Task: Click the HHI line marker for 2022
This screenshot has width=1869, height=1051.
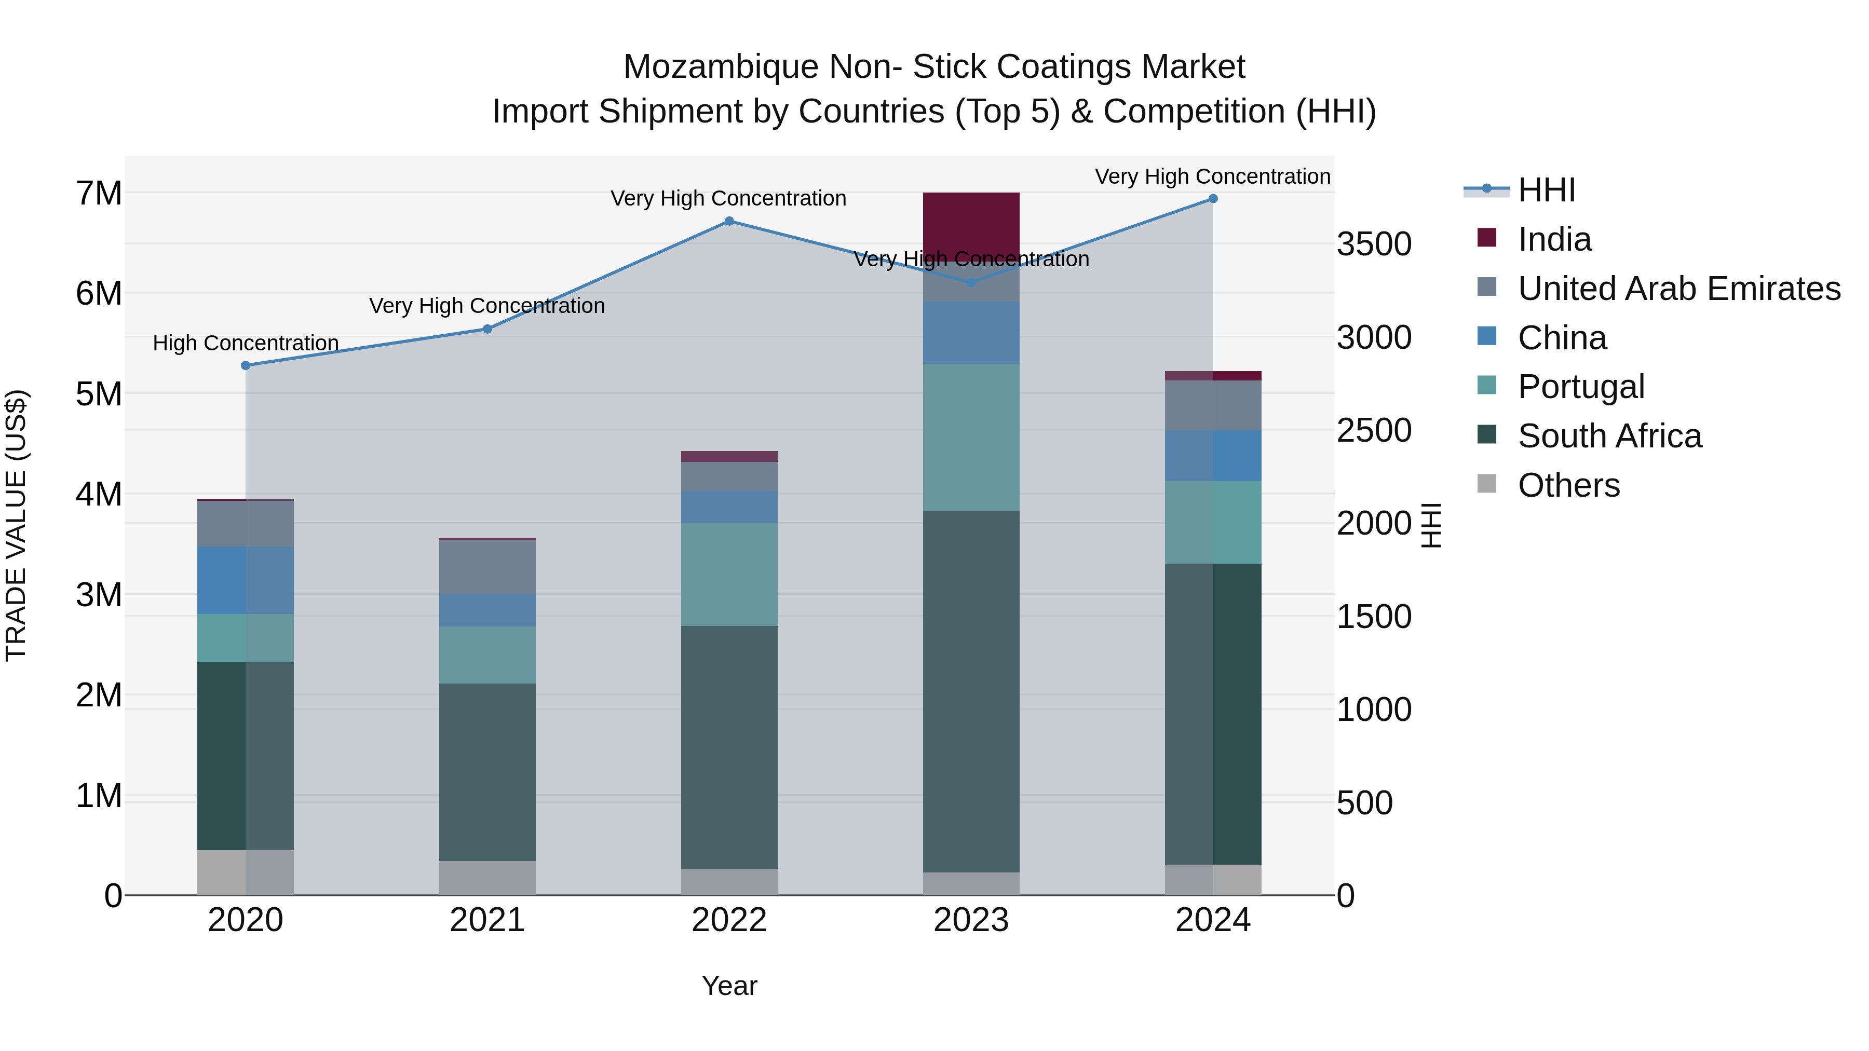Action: tap(729, 221)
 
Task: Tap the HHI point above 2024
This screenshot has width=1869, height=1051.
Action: tap(1213, 199)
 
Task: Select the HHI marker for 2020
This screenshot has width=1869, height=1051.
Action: tap(245, 365)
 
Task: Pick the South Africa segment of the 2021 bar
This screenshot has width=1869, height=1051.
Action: tap(487, 772)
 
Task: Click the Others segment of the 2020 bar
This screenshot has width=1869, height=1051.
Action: tap(245, 872)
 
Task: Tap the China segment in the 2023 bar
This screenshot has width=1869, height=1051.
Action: tap(971, 332)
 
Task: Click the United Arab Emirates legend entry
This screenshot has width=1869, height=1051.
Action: tap(1678, 289)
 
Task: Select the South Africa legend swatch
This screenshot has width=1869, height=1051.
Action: tap(1487, 435)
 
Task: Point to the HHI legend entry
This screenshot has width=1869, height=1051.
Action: tap(1546, 190)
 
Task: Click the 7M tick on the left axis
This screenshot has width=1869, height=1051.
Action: tap(99, 194)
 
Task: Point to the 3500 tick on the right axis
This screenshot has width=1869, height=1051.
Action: tap(1374, 244)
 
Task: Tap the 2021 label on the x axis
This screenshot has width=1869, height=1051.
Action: tap(487, 920)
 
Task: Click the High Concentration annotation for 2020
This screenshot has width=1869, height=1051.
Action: tap(245, 343)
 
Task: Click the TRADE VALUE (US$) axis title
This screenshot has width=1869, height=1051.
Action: tap(16, 525)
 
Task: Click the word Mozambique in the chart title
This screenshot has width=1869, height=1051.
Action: tap(721, 67)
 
